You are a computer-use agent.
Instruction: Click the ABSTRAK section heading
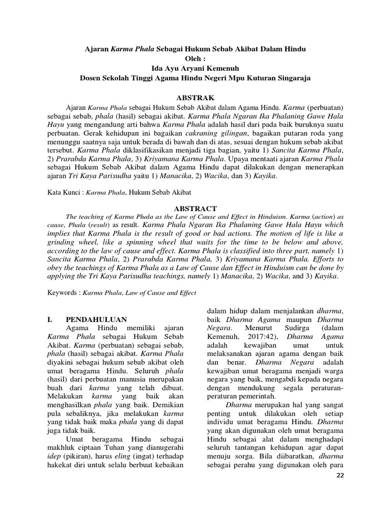pos(195,97)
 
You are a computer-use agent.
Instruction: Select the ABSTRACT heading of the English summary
pos(195,208)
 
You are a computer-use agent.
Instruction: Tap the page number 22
pos(341,475)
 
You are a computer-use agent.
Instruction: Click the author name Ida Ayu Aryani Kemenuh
pos(195,68)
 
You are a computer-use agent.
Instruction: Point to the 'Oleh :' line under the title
pos(195,59)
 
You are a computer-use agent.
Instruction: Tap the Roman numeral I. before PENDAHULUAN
pos(50,320)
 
